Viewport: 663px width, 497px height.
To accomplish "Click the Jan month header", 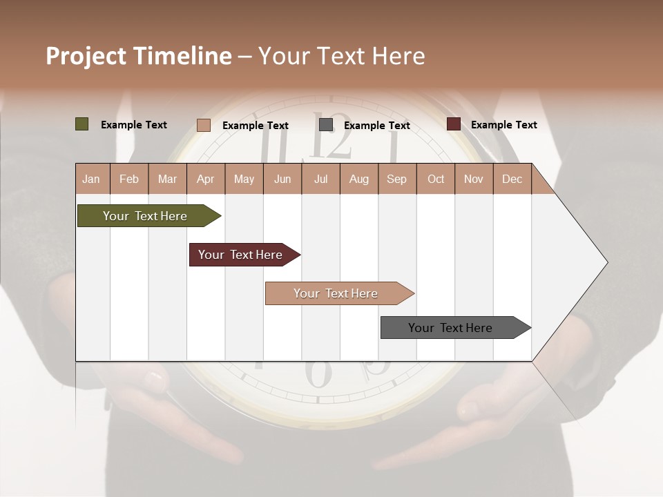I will [91, 179].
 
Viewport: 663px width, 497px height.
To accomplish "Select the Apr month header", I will [205, 179].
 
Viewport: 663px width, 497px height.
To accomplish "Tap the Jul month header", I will [320, 179].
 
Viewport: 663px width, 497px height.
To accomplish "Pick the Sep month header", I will [396, 179].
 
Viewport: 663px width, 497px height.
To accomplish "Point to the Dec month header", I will [512, 179].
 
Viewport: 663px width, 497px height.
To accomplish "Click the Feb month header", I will [129, 179].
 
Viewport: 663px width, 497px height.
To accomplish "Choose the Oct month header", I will [436, 179].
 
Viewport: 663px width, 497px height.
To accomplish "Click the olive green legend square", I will [82, 124].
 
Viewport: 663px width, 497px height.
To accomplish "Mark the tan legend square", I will [204, 125].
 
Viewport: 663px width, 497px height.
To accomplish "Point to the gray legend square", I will [326, 125].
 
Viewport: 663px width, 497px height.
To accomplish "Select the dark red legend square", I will [454, 124].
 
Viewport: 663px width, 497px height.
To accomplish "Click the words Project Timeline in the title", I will [139, 56].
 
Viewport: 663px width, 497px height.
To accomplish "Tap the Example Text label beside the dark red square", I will [503, 125].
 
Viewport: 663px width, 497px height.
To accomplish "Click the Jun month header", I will [282, 179].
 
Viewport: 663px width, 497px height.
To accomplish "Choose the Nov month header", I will [474, 179].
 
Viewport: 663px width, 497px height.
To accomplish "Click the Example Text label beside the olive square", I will [134, 125].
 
